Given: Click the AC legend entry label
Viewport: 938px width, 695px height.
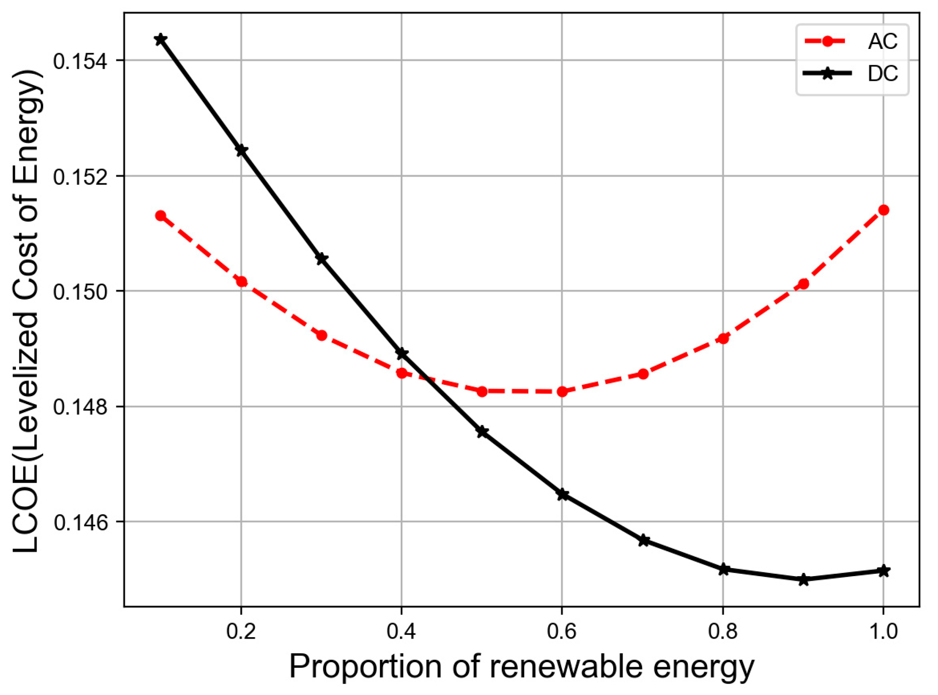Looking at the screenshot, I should (882, 41).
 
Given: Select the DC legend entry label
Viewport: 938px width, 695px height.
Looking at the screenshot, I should (882, 74).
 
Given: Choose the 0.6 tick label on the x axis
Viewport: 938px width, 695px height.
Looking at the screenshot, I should (561, 632).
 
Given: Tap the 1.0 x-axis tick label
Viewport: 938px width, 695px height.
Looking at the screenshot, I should (883, 632).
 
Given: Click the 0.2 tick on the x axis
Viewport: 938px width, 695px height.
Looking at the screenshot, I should (241, 632).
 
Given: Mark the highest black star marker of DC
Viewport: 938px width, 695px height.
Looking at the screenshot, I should (161, 39).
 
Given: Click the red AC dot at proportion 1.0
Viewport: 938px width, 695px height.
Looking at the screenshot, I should (883, 210).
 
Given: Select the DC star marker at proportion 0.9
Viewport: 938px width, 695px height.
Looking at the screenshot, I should (803, 579).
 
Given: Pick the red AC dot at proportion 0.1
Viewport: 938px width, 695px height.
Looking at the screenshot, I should (161, 216).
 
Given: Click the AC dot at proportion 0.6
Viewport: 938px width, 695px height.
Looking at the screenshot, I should (562, 391).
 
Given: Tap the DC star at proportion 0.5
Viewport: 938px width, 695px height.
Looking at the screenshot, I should (482, 432).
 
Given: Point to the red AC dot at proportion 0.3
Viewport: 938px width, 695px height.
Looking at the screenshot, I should (322, 336).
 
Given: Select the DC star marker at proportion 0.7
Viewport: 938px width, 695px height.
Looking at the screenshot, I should (644, 540).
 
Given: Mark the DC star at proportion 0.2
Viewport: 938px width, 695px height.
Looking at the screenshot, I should (241, 150).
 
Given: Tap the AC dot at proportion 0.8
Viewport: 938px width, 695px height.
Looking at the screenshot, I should (723, 338).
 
